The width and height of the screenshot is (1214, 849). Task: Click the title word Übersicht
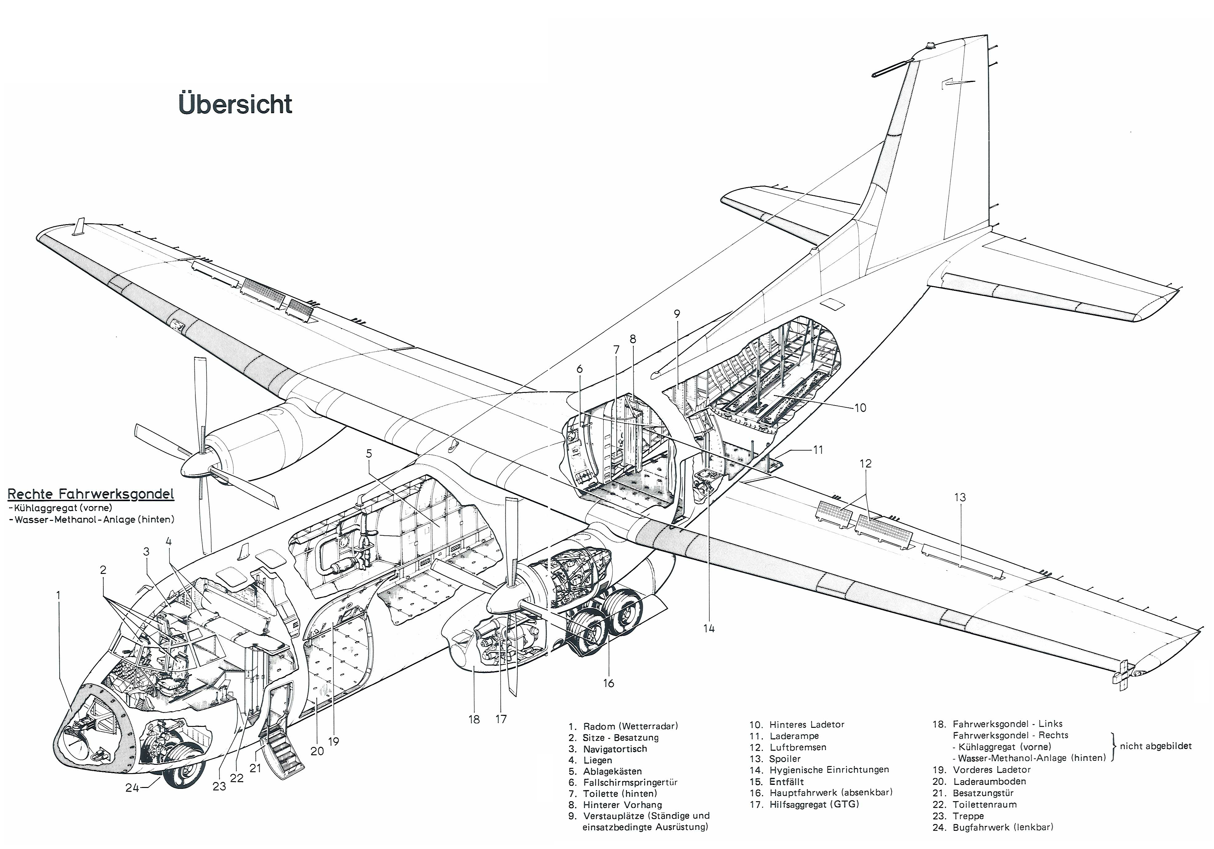coord(235,104)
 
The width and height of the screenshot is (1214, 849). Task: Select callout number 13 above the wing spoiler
coord(960,497)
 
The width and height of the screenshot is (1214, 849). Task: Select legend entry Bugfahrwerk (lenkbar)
coord(1003,827)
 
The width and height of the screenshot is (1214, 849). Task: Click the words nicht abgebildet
coord(1156,746)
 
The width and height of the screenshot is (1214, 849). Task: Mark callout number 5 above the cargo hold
coord(369,453)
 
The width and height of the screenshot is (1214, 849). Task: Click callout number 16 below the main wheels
coord(609,683)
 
